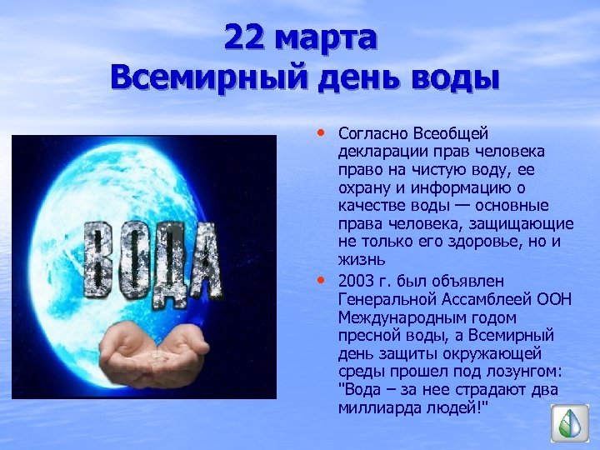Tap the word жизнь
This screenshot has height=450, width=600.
(x=359, y=262)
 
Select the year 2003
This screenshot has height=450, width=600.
(x=357, y=281)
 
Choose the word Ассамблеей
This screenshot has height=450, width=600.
(x=489, y=299)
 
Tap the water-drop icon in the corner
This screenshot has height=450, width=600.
(x=571, y=422)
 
